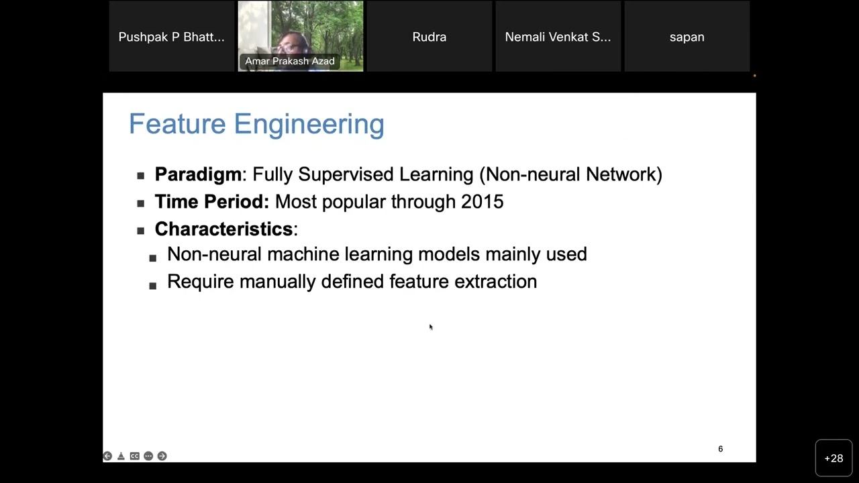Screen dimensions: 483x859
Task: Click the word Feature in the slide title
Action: click(176, 124)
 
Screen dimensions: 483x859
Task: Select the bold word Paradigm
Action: click(198, 174)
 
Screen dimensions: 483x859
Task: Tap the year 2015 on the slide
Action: click(482, 202)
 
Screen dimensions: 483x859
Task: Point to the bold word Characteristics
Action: click(223, 229)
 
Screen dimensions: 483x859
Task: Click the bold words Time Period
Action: click(211, 202)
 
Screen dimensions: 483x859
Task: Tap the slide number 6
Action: click(720, 449)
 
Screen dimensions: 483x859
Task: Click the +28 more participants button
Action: click(833, 458)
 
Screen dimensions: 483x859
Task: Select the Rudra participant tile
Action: click(429, 37)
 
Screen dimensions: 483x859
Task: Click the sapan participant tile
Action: click(687, 37)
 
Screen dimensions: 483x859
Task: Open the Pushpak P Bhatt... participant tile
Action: click(171, 37)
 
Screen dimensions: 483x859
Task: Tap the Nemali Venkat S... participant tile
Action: click(558, 37)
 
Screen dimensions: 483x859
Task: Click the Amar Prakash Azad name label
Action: click(290, 61)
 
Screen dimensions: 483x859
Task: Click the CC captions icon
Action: click(134, 456)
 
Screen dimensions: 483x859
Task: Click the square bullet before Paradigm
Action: click(141, 176)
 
